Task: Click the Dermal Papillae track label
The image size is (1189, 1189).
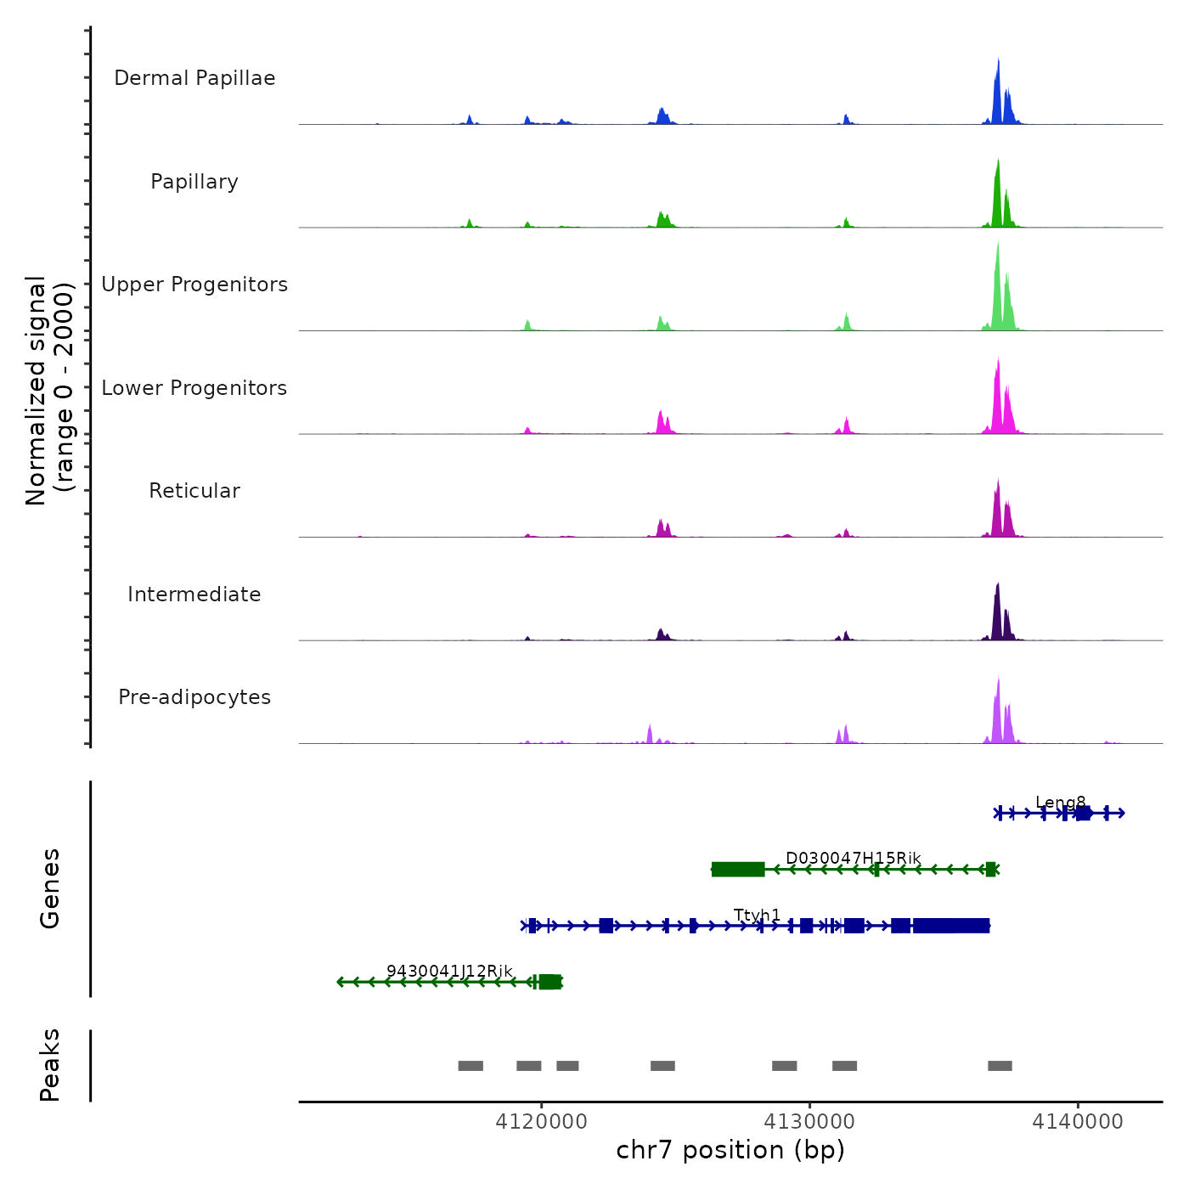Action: (x=194, y=78)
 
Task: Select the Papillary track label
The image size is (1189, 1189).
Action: (x=194, y=182)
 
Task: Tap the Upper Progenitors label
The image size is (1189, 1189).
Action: (x=194, y=285)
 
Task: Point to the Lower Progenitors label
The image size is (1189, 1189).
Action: (x=194, y=388)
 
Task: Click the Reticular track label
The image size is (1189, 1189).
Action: (x=194, y=491)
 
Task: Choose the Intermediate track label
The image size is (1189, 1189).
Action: (x=194, y=594)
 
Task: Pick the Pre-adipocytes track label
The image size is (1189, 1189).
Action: (x=194, y=697)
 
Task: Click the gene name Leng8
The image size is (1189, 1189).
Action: (x=1061, y=803)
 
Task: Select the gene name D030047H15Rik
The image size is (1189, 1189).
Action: (x=853, y=859)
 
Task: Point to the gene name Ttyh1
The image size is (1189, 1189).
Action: (x=757, y=915)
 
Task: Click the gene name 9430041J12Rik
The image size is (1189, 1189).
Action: (x=449, y=971)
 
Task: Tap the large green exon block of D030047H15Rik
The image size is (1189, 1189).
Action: (x=738, y=869)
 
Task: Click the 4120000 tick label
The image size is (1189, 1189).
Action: (x=541, y=1122)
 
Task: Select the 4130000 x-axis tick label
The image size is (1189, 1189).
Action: (x=809, y=1122)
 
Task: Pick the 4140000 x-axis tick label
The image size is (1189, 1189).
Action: (x=1078, y=1122)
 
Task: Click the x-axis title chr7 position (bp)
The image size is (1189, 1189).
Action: (x=730, y=1151)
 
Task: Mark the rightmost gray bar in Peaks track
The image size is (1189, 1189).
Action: (x=1000, y=1066)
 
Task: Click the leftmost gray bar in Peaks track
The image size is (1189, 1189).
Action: (x=471, y=1066)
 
